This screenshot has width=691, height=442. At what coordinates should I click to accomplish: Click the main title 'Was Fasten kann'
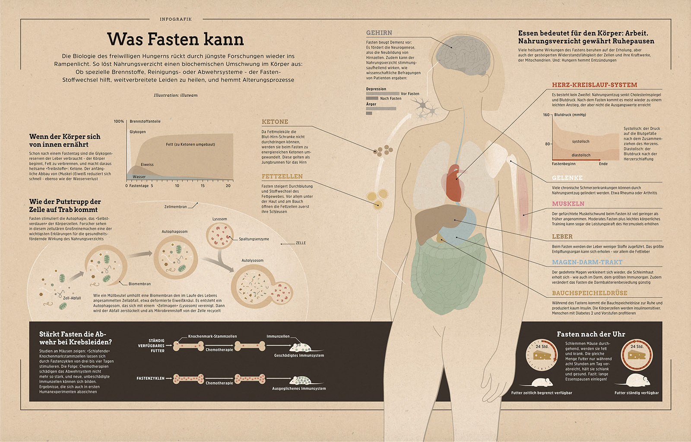coord(175,39)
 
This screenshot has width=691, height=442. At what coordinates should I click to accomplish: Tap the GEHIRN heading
coord(379,33)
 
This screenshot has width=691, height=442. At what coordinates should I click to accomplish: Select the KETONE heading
coord(275,122)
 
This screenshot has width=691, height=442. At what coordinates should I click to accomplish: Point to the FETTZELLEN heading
coord(282,176)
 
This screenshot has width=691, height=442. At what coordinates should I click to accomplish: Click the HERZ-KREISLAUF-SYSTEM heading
coord(594,85)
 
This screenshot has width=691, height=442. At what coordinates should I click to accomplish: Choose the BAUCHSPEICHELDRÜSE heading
coord(590,293)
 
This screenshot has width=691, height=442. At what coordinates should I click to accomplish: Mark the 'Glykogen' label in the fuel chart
coord(138,132)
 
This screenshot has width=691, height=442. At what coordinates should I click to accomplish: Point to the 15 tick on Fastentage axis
coord(203,186)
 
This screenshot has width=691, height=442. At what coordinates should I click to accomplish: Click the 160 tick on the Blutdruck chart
coord(546,115)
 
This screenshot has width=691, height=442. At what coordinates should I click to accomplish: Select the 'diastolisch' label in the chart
coord(581,155)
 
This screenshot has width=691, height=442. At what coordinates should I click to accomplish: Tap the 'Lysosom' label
coord(219,219)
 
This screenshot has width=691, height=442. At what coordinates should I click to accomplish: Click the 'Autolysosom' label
coord(252,261)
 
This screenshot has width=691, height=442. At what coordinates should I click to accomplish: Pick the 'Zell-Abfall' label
coord(72,298)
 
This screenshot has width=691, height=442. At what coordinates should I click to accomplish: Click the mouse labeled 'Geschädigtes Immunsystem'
coord(301,347)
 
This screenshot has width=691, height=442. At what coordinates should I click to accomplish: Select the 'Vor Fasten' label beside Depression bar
coord(410,94)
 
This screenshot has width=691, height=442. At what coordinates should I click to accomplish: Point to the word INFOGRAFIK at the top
coord(176,19)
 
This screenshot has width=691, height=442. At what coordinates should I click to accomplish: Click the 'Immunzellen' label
coord(278,336)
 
